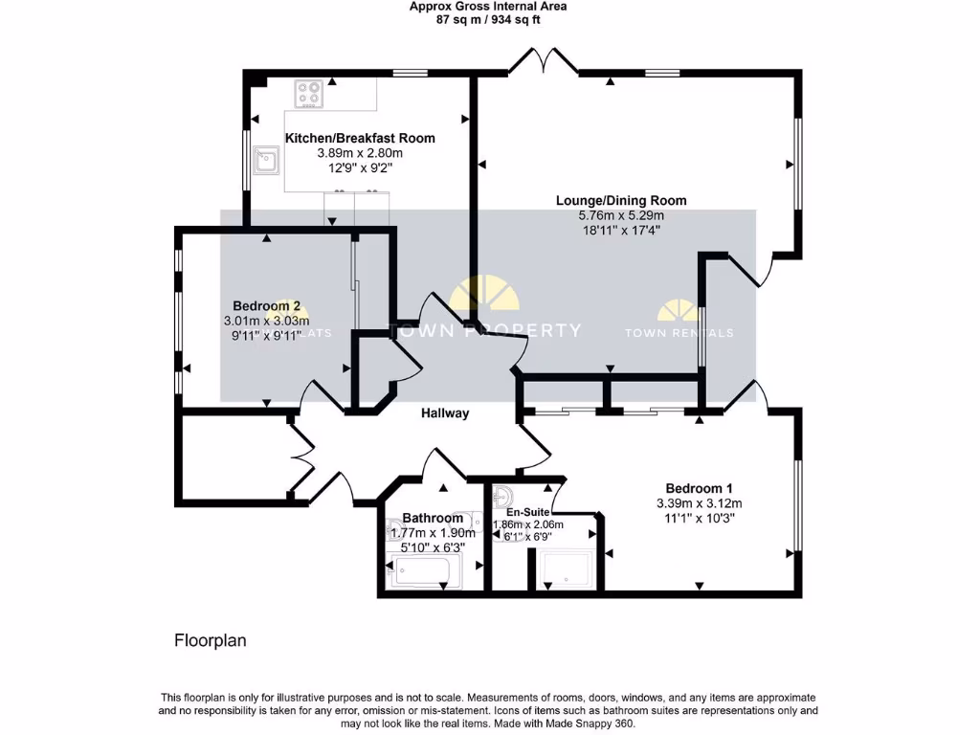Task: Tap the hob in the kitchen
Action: tap(309, 93)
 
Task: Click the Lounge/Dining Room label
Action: tap(621, 201)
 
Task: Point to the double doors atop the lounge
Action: tap(543, 62)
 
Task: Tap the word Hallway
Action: tap(445, 413)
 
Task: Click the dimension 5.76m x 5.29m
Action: tap(621, 215)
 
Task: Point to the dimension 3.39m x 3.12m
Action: tap(699, 503)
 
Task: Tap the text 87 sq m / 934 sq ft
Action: tap(487, 18)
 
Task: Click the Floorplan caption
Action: tap(210, 640)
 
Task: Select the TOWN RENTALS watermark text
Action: tap(679, 333)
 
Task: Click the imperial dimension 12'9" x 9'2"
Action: tap(360, 167)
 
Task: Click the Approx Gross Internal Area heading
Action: tap(487, 6)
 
